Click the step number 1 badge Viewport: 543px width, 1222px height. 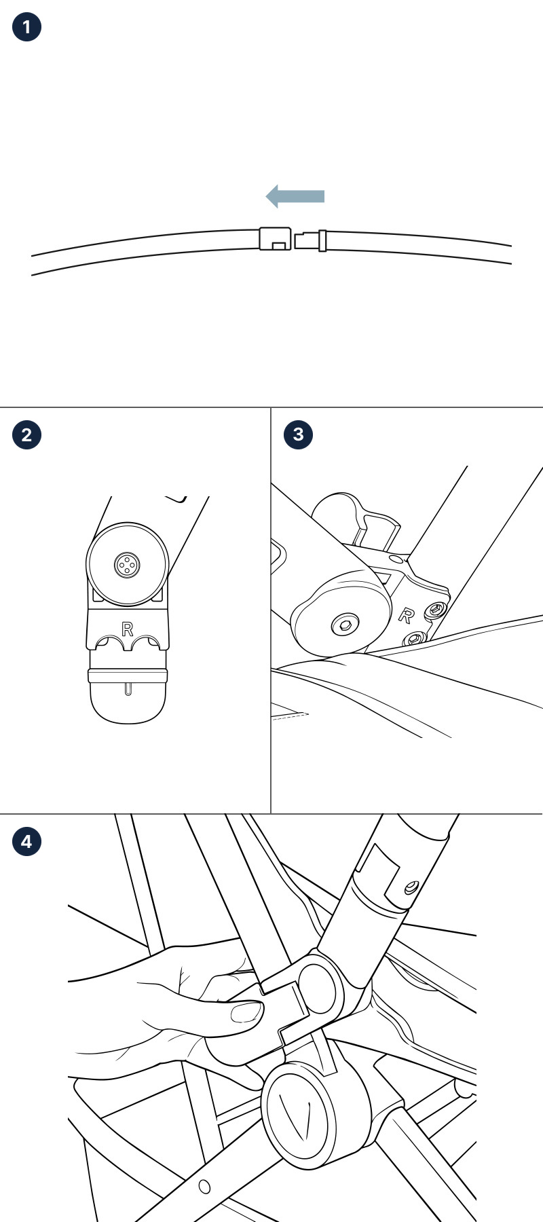pyautogui.click(x=26, y=27)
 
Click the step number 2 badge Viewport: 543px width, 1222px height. pyautogui.click(x=26, y=434)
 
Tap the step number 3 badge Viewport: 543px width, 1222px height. pyautogui.click(x=299, y=434)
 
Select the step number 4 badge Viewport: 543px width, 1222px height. pyautogui.click(x=26, y=842)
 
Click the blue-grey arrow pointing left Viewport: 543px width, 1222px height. pyautogui.click(x=295, y=196)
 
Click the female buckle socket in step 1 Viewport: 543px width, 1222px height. pyautogui.click(x=275, y=238)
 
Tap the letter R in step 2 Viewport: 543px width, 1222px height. pyautogui.click(x=127, y=629)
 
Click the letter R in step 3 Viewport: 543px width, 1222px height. pyautogui.click(x=406, y=615)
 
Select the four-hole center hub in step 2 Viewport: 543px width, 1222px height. pyautogui.click(x=127, y=563)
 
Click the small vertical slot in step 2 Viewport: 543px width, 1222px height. pyautogui.click(x=128, y=689)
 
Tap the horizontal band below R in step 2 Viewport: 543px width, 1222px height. pyautogui.click(x=128, y=675)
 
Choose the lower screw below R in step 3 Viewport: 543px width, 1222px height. pyautogui.click(x=413, y=638)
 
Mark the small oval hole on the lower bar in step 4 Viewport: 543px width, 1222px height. pyautogui.click(x=204, y=1187)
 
